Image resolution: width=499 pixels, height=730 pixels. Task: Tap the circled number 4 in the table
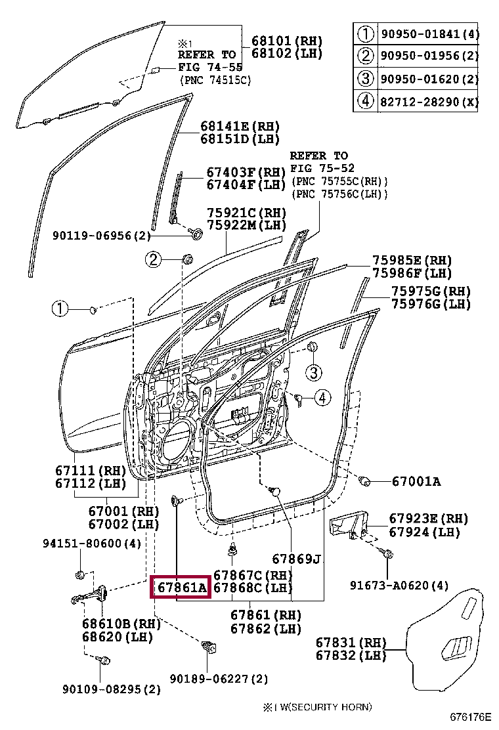point(365,102)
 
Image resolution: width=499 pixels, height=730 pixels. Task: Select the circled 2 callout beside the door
point(154,261)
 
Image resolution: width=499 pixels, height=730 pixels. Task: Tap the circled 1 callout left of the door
point(60,309)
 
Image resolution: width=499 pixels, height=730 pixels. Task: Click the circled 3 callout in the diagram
point(314,373)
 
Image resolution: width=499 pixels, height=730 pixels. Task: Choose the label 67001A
point(416,482)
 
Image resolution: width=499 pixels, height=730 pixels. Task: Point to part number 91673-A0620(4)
point(399,585)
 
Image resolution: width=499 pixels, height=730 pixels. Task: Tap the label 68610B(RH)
point(112,624)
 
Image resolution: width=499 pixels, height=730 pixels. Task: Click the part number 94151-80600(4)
point(92,544)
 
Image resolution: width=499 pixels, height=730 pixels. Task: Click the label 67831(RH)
point(351,643)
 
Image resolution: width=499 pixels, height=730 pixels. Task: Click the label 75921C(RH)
point(247,213)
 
